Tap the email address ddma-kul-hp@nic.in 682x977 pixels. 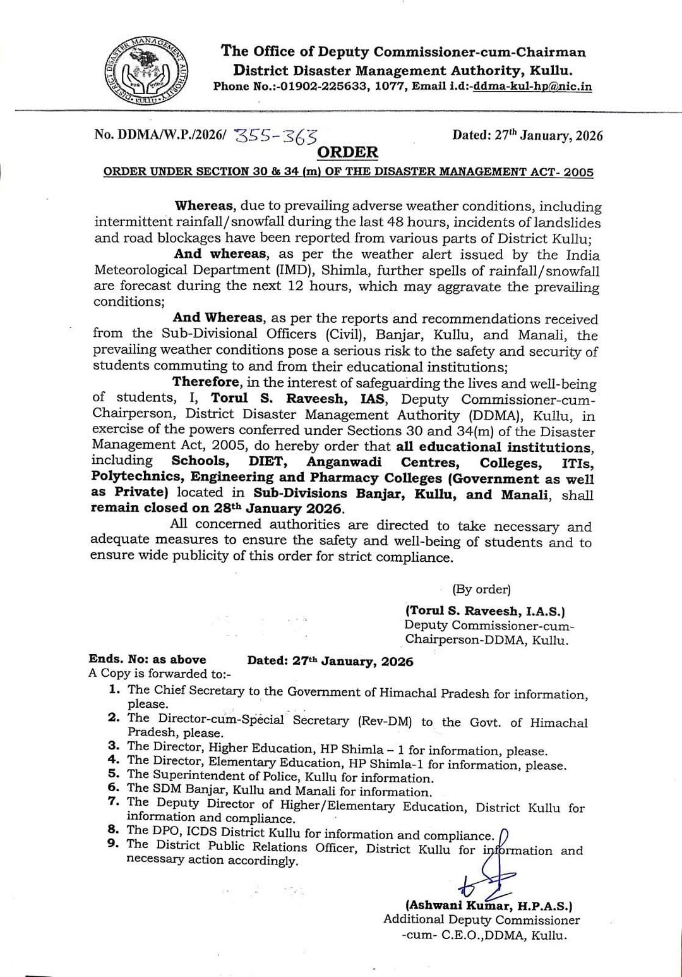[x=532, y=87]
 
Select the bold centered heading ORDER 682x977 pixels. [x=347, y=152]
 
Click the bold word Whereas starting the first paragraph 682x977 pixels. [x=205, y=205]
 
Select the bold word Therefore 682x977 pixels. [x=206, y=382]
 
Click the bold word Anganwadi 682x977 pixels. [x=344, y=462]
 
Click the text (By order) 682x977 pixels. [x=481, y=589]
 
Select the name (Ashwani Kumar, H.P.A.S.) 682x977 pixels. [x=489, y=906]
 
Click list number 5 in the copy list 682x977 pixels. [x=114, y=774]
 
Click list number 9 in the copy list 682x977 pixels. [x=114, y=844]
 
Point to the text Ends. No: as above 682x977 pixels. [x=148, y=659]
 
